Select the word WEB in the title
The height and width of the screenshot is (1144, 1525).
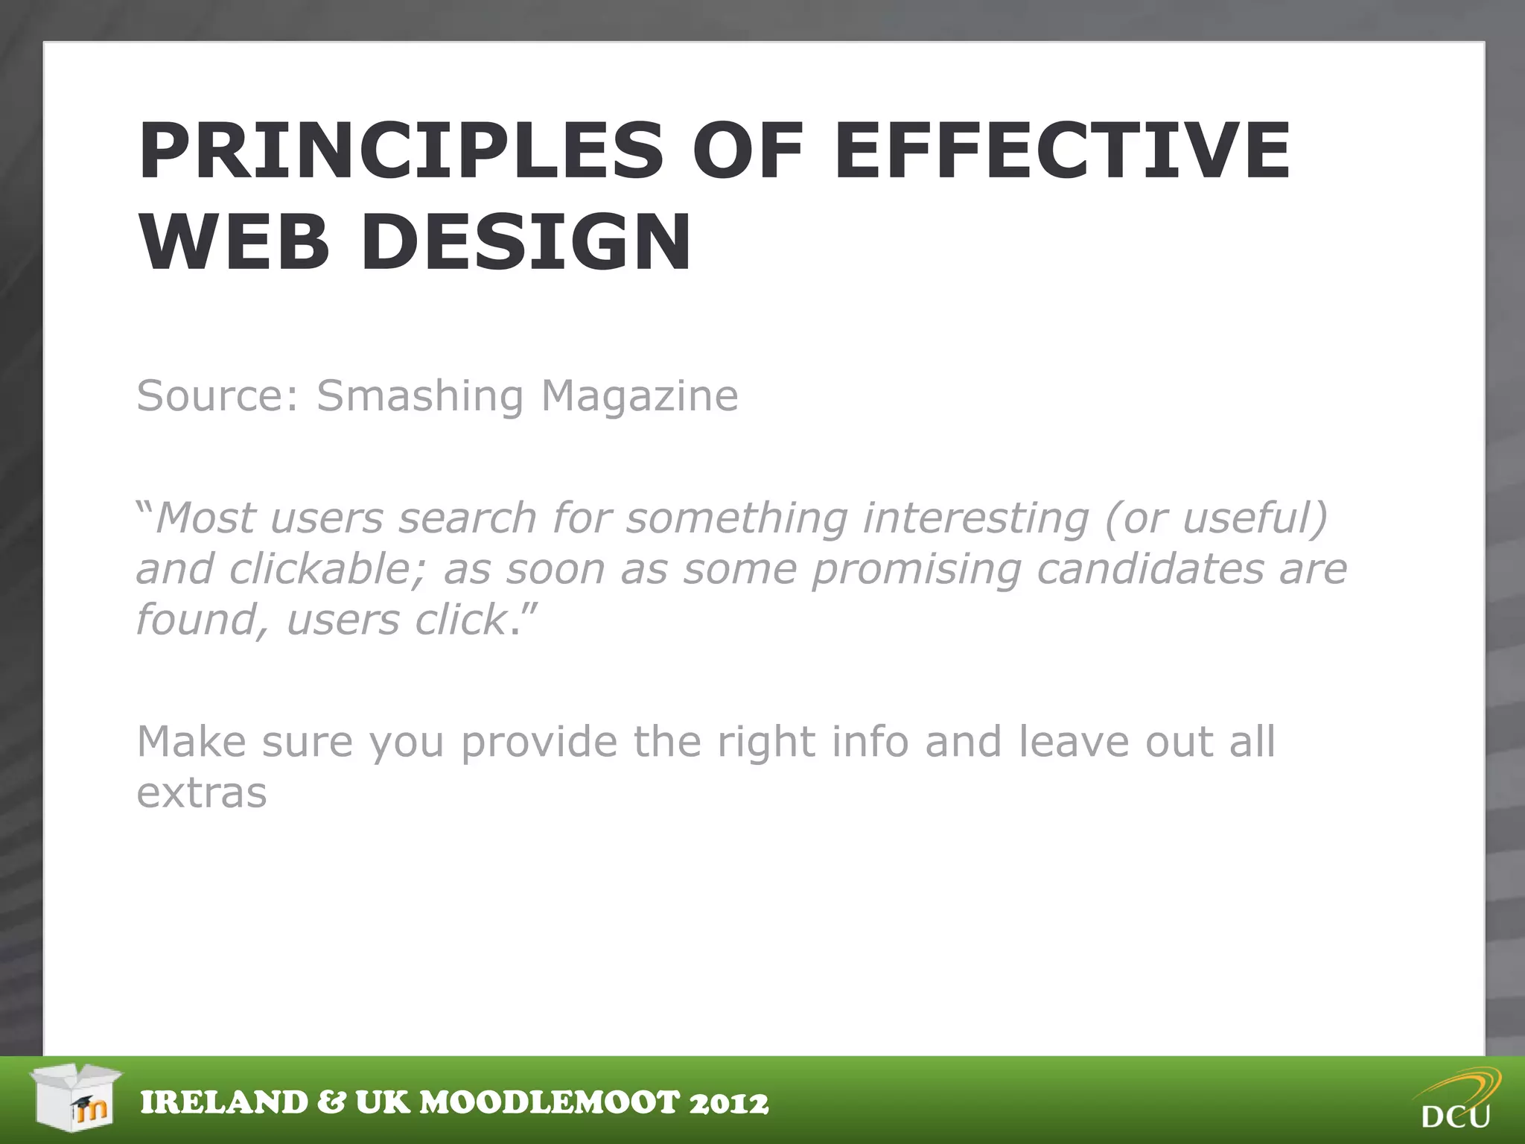(x=234, y=242)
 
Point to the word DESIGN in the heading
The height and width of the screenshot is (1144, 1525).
(x=526, y=242)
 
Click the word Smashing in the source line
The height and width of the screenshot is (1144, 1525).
(x=420, y=396)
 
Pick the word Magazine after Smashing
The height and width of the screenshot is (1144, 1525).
(x=640, y=395)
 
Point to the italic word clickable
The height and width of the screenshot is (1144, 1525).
(x=328, y=569)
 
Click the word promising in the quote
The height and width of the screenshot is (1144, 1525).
(x=917, y=569)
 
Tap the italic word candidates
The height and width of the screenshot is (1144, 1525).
(x=1150, y=569)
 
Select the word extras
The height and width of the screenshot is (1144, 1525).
(x=202, y=794)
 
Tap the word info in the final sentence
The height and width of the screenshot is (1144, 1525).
(x=870, y=742)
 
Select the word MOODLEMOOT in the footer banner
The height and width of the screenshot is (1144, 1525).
(x=550, y=1103)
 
